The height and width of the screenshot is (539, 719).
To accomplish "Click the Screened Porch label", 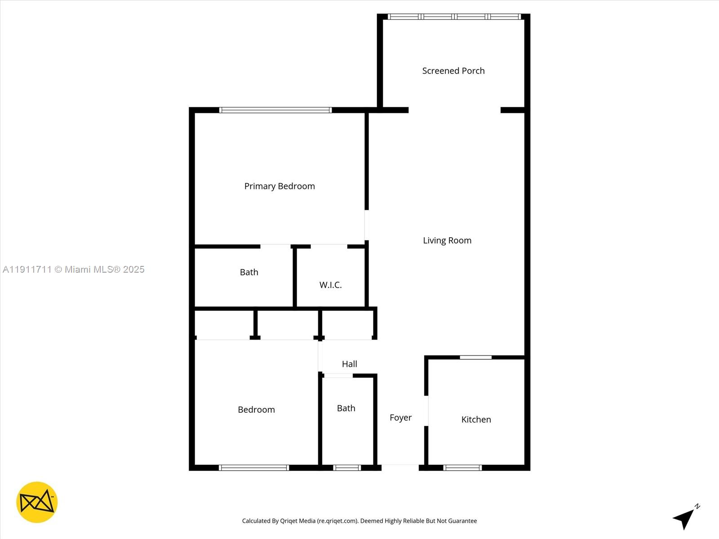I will pos(453,71).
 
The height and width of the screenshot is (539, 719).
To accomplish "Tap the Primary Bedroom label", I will pos(280,186).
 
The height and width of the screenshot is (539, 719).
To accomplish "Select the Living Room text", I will pos(447,241).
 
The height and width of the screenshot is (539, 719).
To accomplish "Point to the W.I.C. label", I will pos(331,285).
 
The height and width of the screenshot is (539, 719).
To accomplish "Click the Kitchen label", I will pos(476,420).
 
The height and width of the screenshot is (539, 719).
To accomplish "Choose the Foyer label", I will pos(400,418).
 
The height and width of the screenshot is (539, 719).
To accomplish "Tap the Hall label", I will pos(349,364).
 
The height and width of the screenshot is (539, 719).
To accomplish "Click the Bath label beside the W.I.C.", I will pos(249,272).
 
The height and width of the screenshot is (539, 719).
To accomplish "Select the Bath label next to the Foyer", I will pos(346,408).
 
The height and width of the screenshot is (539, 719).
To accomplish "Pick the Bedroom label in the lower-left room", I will pos(256,410).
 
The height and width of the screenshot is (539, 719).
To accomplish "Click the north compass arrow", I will pos(684,518).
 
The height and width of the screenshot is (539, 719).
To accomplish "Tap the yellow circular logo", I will pos(37,502).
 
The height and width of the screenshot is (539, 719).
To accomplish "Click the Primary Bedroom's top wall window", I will pos(275,110).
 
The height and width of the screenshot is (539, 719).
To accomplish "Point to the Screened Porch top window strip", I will pos(454,17).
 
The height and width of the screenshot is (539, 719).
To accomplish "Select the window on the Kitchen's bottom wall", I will pos(462,468).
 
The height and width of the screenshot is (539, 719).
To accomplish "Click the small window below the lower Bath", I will pos(347,468).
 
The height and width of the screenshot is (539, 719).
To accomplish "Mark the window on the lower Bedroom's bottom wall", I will pos(254,468).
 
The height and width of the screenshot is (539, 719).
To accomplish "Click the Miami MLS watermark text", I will pos(74,269).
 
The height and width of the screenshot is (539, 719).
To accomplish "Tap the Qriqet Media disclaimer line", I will pos(359,521).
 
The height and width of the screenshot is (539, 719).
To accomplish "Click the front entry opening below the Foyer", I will pos(400,467).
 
